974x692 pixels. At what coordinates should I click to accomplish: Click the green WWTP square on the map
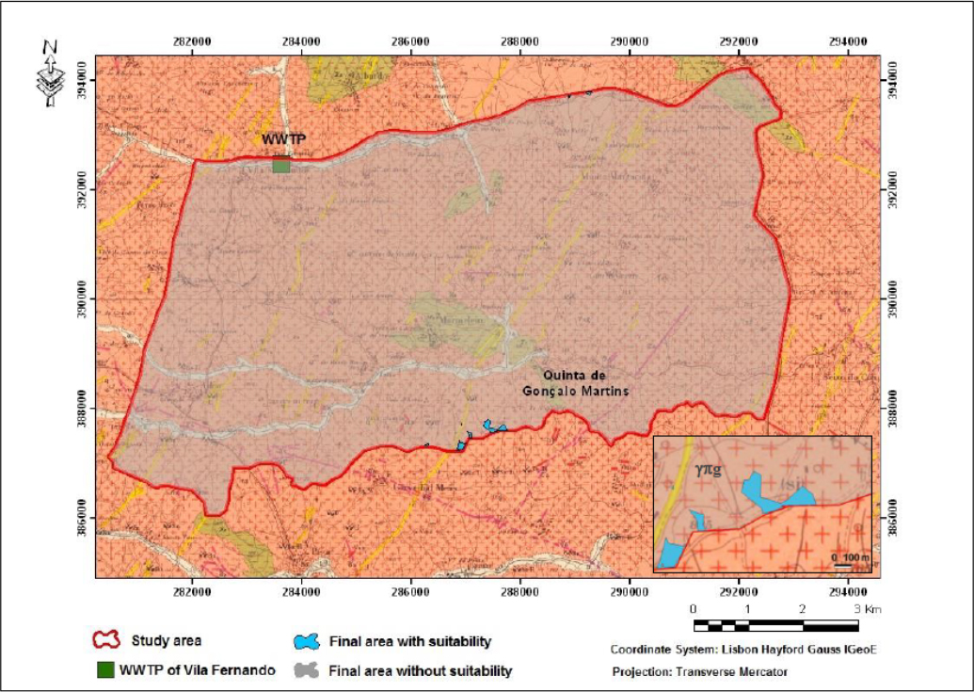pyautogui.click(x=280, y=165)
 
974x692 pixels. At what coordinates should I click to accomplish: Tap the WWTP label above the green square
pyautogui.click(x=283, y=139)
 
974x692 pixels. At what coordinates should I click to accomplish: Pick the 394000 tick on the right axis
pyautogui.click(x=890, y=82)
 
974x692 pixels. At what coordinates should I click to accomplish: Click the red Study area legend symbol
pyautogui.click(x=105, y=640)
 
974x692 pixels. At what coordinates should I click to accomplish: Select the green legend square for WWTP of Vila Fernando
pyautogui.click(x=105, y=670)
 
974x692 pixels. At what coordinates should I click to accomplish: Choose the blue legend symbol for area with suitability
pyautogui.click(x=306, y=641)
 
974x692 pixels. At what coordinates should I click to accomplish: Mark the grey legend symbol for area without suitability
pyautogui.click(x=306, y=670)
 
